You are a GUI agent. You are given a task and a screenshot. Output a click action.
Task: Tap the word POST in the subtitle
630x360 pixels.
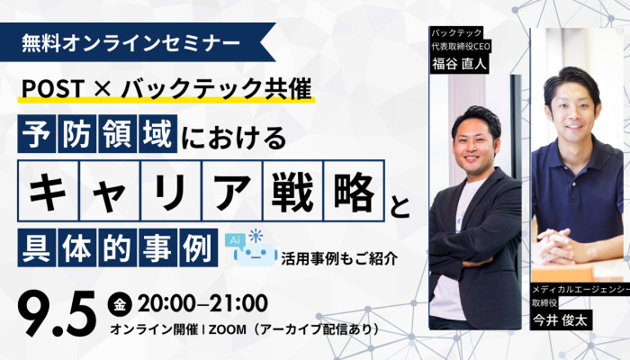tap(53, 88)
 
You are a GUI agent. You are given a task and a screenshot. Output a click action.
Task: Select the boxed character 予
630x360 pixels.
tap(37, 134)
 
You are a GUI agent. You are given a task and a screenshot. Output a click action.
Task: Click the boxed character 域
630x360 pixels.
tap(157, 134)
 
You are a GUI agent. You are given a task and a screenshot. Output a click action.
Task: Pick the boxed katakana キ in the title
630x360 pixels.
tap(49, 191)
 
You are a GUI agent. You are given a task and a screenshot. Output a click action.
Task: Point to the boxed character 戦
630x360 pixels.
tap(292, 191)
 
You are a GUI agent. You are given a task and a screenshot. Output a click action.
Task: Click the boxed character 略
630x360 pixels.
tap(354, 191)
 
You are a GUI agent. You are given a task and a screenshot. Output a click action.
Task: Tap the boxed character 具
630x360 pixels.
tap(37, 247)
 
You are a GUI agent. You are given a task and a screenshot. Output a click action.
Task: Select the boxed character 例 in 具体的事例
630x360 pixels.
tap(199, 247)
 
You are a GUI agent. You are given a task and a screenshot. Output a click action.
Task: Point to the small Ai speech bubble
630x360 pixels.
tap(235, 240)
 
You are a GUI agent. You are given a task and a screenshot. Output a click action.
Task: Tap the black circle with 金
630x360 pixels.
tap(120, 305)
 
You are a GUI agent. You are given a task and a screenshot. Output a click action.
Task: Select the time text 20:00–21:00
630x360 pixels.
tap(202, 303)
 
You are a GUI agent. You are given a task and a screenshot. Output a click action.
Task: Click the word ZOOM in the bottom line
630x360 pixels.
tap(228, 330)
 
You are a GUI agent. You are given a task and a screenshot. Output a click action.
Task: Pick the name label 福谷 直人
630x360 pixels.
tap(459, 64)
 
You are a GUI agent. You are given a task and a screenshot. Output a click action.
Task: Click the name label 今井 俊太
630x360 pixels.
tap(561, 320)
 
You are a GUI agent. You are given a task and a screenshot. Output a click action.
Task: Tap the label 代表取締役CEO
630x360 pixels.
tap(461, 47)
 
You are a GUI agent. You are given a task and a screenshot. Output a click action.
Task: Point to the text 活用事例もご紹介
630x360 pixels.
tap(339, 258)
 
